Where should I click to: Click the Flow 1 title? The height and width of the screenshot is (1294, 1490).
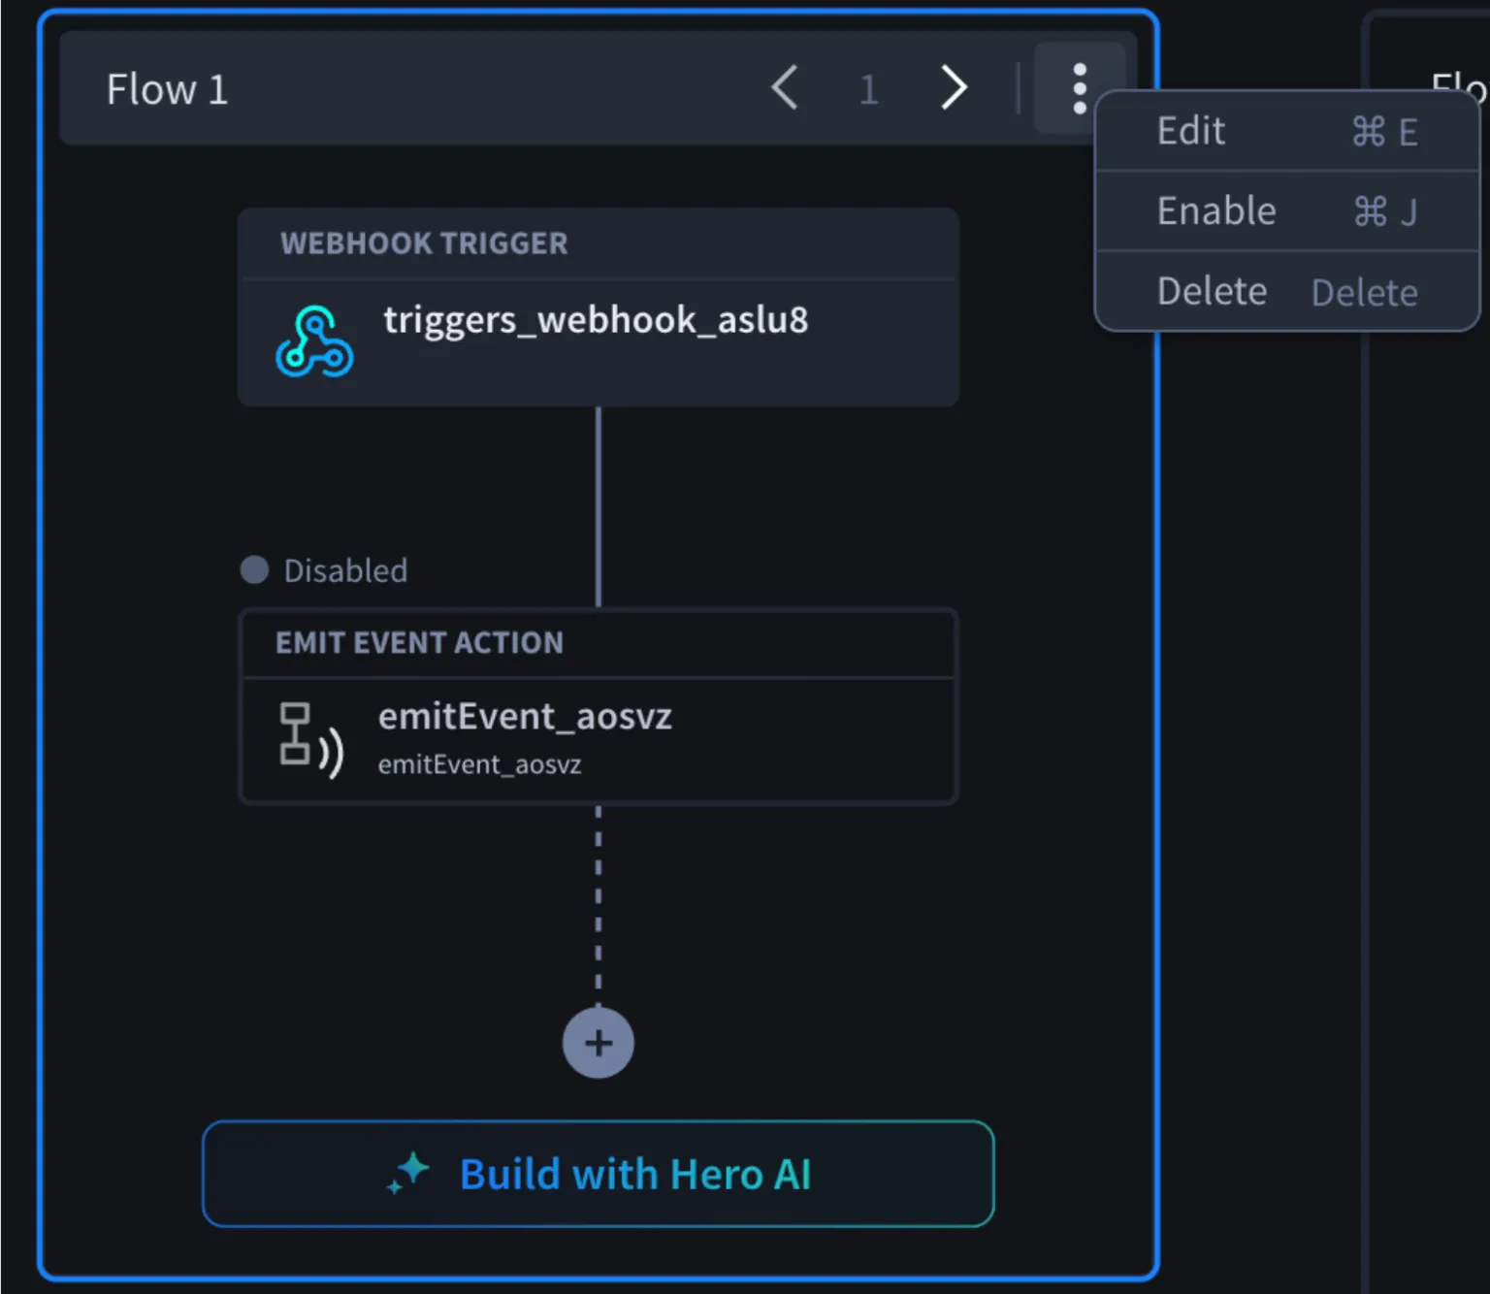[168, 89]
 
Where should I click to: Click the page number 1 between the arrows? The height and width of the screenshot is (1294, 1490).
[868, 90]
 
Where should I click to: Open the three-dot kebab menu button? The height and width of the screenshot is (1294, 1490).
[1080, 88]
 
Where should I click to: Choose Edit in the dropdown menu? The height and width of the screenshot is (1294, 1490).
[1191, 131]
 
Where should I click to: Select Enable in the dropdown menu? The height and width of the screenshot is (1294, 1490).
[1216, 211]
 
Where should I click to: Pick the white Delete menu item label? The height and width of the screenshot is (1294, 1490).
[1213, 291]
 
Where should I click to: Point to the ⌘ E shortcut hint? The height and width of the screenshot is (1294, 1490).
[1384, 133]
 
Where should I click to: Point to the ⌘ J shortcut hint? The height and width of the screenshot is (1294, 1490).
[1385, 212]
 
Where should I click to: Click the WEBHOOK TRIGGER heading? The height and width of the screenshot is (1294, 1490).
[424, 243]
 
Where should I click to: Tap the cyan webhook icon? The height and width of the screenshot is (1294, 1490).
[314, 340]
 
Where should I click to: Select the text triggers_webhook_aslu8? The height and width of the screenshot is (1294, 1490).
[596, 320]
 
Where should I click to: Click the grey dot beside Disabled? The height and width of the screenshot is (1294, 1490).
[255, 570]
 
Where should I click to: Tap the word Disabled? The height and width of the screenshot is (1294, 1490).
[346, 571]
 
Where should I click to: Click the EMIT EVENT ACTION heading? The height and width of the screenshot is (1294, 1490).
[419, 643]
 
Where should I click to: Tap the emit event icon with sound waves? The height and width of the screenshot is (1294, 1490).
[311, 740]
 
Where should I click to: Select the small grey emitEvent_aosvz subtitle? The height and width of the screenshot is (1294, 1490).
[480, 764]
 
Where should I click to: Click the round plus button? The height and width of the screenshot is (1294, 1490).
[598, 1043]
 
